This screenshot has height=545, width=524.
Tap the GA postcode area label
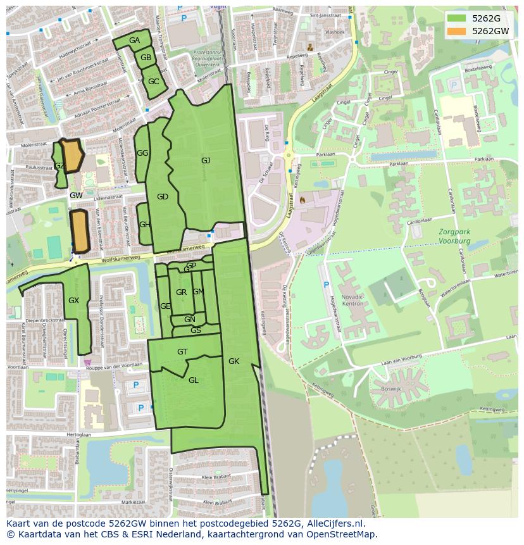(134, 41)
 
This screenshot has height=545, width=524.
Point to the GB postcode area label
(146, 58)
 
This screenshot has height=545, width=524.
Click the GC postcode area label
(153, 82)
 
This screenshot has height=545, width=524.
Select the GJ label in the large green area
(206, 161)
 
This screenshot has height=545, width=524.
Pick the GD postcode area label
(163, 197)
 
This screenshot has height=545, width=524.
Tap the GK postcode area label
(234, 361)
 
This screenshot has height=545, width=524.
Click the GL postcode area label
(194, 380)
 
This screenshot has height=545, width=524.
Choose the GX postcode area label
(73, 301)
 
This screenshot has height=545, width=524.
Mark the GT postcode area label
(182, 352)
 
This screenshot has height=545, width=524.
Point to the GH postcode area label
(144, 225)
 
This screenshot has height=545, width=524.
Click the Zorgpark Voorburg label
(454, 237)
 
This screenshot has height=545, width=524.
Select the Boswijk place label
(383, 390)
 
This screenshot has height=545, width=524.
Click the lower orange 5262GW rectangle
(79, 232)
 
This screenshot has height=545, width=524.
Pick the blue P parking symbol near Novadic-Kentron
(327, 285)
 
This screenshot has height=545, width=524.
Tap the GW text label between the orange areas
(76, 196)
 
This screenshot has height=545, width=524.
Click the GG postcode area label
(142, 153)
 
